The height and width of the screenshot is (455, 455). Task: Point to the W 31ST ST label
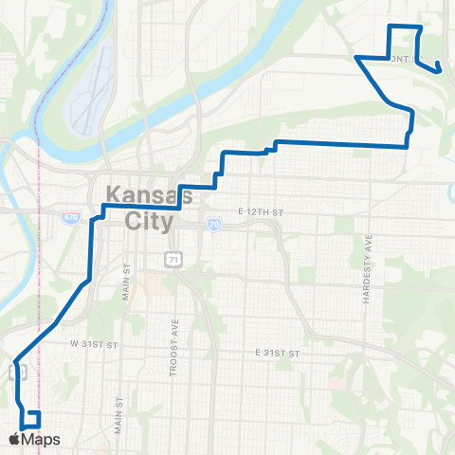91,343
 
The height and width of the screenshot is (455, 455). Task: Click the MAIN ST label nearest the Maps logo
118,415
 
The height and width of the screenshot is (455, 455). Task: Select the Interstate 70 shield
213,225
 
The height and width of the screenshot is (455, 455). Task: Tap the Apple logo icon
15,439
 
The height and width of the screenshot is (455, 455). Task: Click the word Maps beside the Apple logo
42,439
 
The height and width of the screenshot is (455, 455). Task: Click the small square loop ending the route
31,419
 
